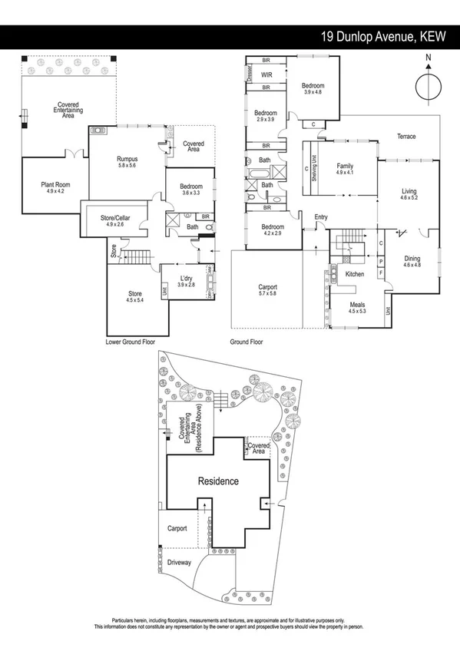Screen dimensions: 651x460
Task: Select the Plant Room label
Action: point(56,185)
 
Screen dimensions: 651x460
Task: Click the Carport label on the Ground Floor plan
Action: point(267,288)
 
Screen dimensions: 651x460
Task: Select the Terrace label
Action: point(406,137)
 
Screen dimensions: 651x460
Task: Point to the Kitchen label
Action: point(354,273)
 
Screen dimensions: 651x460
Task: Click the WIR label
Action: point(267,75)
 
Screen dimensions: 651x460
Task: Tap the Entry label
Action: point(321,217)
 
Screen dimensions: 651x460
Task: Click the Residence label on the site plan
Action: point(219,481)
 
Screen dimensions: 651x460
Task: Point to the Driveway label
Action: point(181,563)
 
